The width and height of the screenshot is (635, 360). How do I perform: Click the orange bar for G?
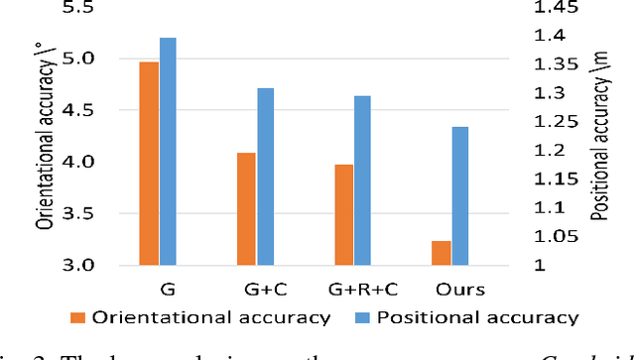point(149,164)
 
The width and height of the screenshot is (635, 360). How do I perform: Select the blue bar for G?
point(168,152)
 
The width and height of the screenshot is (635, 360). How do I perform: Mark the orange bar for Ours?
point(442,253)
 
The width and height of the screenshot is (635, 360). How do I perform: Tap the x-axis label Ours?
point(460,290)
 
